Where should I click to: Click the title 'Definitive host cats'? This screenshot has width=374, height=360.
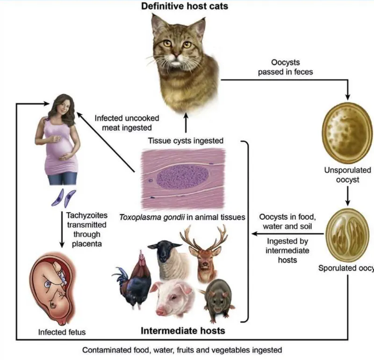tap(180, 7)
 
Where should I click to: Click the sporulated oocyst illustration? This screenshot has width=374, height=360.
tap(347, 234)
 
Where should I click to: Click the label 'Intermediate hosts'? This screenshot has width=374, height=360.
tap(183, 331)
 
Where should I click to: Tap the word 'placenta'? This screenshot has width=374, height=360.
tap(82, 243)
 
